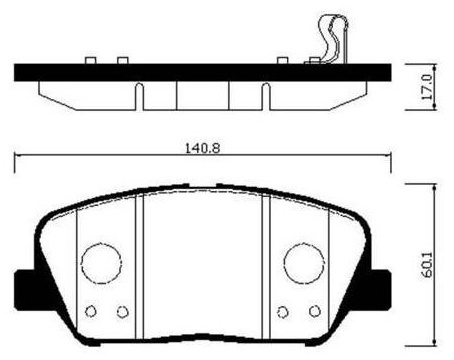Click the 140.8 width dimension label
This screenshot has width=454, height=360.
pos(203,148)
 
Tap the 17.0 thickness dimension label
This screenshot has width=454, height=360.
pos(427,87)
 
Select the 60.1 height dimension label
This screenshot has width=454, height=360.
pos(427,265)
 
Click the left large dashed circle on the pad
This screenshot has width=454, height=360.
pos(101,263)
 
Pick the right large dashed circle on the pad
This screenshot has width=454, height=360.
pos(304,263)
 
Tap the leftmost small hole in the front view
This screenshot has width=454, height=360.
pos(91,311)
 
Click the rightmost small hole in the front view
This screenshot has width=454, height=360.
pos(315,311)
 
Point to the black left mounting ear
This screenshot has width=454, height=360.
pos(25,289)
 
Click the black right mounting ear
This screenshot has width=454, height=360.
pos(380,289)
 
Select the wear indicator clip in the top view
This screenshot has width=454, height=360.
pos(332,40)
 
